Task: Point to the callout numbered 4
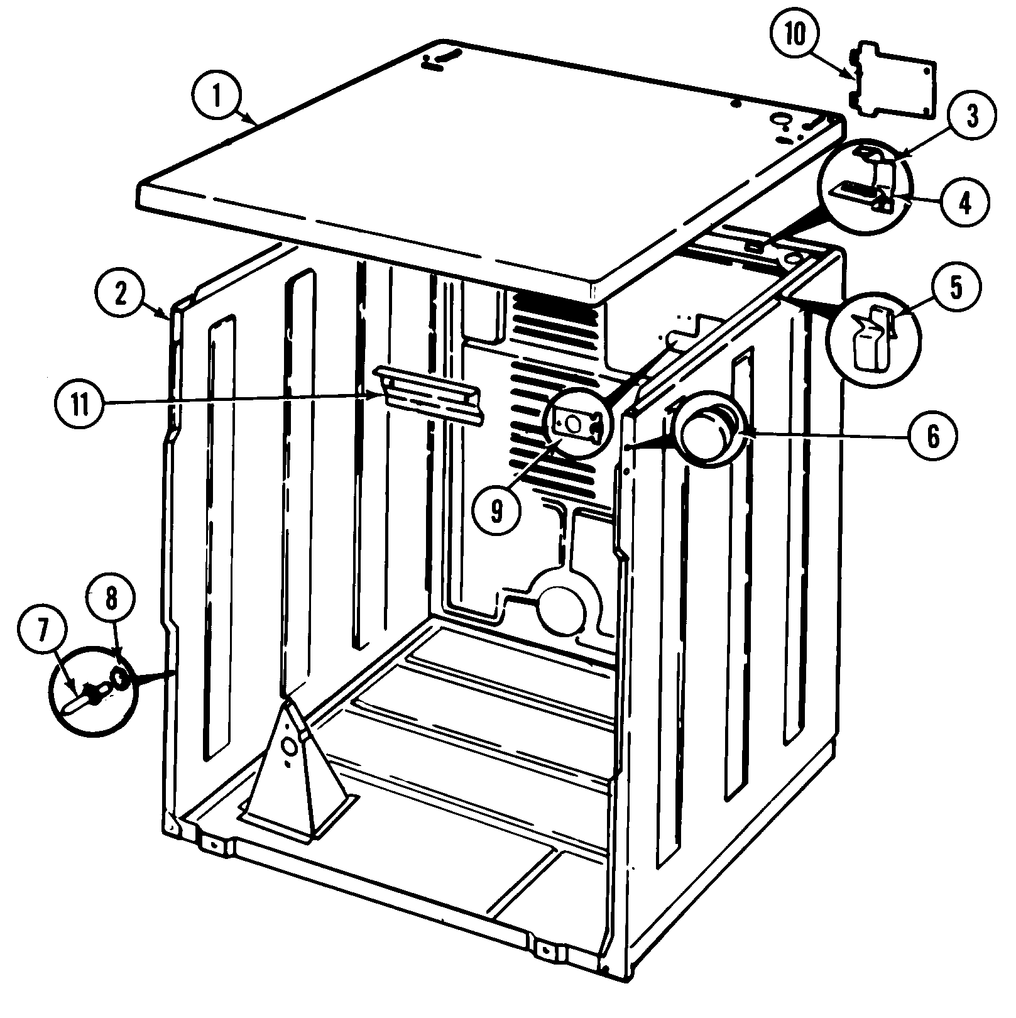click(x=965, y=202)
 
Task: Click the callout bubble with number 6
click(x=932, y=435)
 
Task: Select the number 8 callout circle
click(x=111, y=599)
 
